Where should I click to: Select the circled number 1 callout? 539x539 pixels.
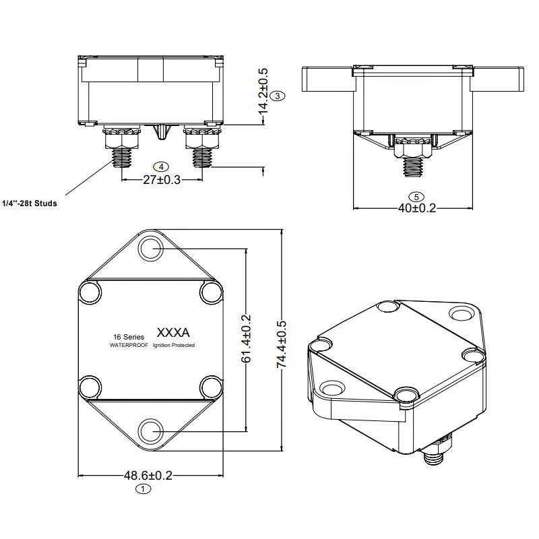coord(141,490)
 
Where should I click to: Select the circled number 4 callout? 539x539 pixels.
coord(160,166)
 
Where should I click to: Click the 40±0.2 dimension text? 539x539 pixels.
coord(416,208)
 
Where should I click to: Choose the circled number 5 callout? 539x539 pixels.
coord(416,196)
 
